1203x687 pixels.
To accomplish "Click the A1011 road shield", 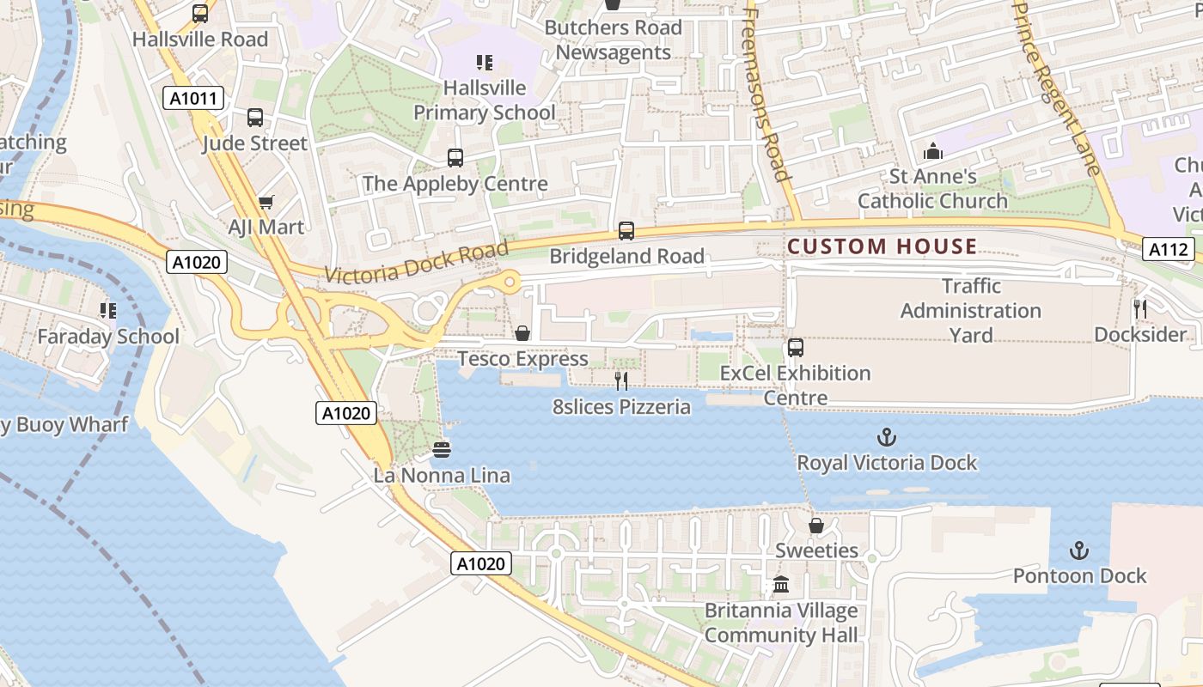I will (x=193, y=99).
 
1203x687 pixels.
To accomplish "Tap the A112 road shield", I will (x=1169, y=250).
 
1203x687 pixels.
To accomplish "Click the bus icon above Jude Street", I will (x=255, y=118).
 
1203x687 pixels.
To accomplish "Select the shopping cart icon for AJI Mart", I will (x=266, y=203).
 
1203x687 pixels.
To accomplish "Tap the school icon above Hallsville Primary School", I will (x=485, y=63).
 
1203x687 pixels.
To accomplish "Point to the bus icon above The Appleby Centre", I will (x=455, y=158).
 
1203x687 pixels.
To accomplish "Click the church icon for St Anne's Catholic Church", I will (x=932, y=152).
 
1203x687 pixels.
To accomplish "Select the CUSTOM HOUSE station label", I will (x=882, y=247).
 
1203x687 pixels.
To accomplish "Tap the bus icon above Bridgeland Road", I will (x=626, y=231).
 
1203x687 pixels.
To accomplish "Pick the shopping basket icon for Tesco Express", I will (x=522, y=333).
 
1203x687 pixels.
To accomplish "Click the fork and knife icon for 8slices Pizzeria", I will (x=621, y=381).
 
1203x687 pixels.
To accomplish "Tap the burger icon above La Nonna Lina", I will (x=442, y=450).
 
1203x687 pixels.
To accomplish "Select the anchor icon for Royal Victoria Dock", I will (x=887, y=438).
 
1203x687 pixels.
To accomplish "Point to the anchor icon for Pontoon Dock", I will (x=1079, y=550).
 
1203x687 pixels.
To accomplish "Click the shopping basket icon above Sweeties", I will (x=816, y=526).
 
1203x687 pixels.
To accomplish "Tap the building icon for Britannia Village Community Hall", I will (x=781, y=586).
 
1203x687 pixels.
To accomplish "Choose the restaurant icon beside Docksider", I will (x=1140, y=309).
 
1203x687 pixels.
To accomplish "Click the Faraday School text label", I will (x=108, y=337).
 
